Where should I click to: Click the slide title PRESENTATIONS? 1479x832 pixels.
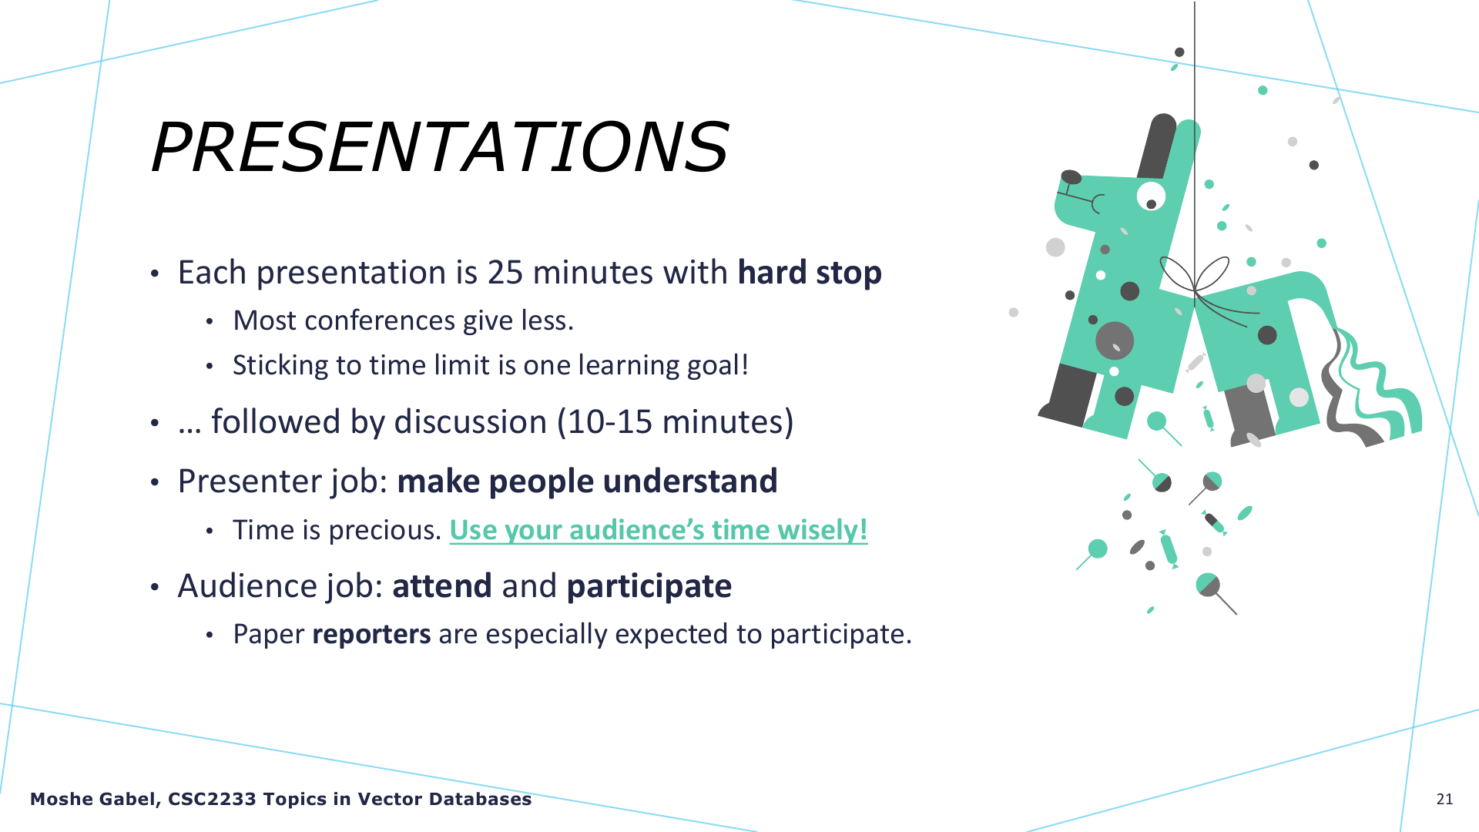coord(440,146)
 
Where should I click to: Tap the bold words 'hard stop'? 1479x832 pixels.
coord(810,273)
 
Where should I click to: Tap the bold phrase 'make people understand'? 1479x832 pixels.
coord(587,481)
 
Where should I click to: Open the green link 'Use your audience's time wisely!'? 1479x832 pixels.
coord(659,530)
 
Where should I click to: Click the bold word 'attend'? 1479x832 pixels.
coord(442,586)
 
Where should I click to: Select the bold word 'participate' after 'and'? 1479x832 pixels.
coord(649,587)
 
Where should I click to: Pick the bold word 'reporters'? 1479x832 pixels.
coord(371,635)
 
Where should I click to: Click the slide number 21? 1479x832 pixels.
coord(1445,799)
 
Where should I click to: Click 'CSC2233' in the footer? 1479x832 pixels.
coord(212,799)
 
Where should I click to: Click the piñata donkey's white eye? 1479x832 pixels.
coord(1151,196)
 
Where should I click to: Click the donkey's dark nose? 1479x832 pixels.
coord(1071,178)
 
